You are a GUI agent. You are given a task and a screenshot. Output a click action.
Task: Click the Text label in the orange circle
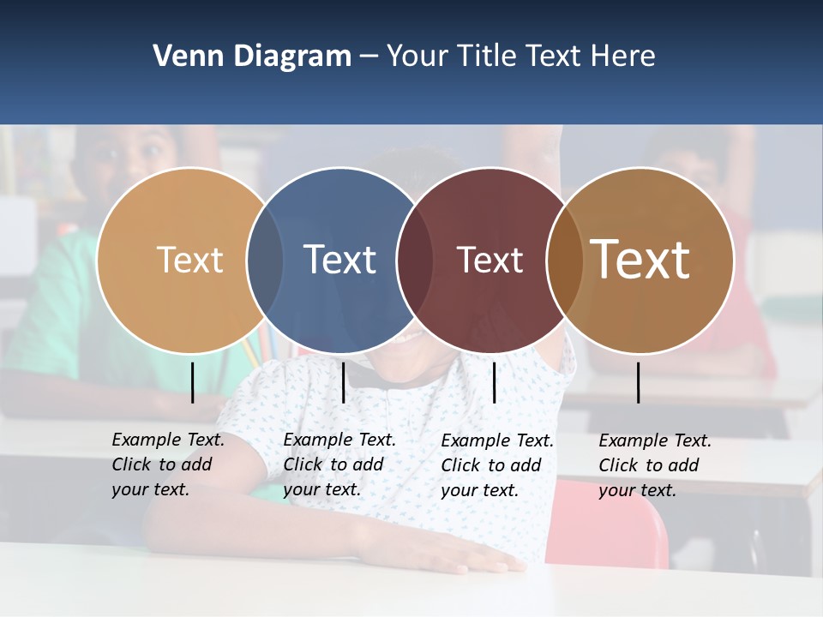189,260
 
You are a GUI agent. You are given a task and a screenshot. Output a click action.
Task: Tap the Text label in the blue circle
340,260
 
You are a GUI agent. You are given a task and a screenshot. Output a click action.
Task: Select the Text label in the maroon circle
490,260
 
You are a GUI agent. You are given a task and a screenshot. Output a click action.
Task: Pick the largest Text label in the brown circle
640,260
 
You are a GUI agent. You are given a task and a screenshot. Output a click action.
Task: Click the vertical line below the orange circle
193,382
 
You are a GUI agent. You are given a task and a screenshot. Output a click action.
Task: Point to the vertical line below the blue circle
343,382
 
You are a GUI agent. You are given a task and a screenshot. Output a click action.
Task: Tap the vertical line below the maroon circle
494,382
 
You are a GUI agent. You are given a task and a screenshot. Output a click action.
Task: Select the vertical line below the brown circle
639,382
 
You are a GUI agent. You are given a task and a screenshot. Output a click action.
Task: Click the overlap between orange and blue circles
265,260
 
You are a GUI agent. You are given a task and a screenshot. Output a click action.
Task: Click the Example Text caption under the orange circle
168,464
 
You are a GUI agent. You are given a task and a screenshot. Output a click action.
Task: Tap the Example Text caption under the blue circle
339,464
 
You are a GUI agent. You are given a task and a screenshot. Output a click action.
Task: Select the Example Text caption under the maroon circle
497,465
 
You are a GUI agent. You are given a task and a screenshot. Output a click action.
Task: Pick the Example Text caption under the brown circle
655,465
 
